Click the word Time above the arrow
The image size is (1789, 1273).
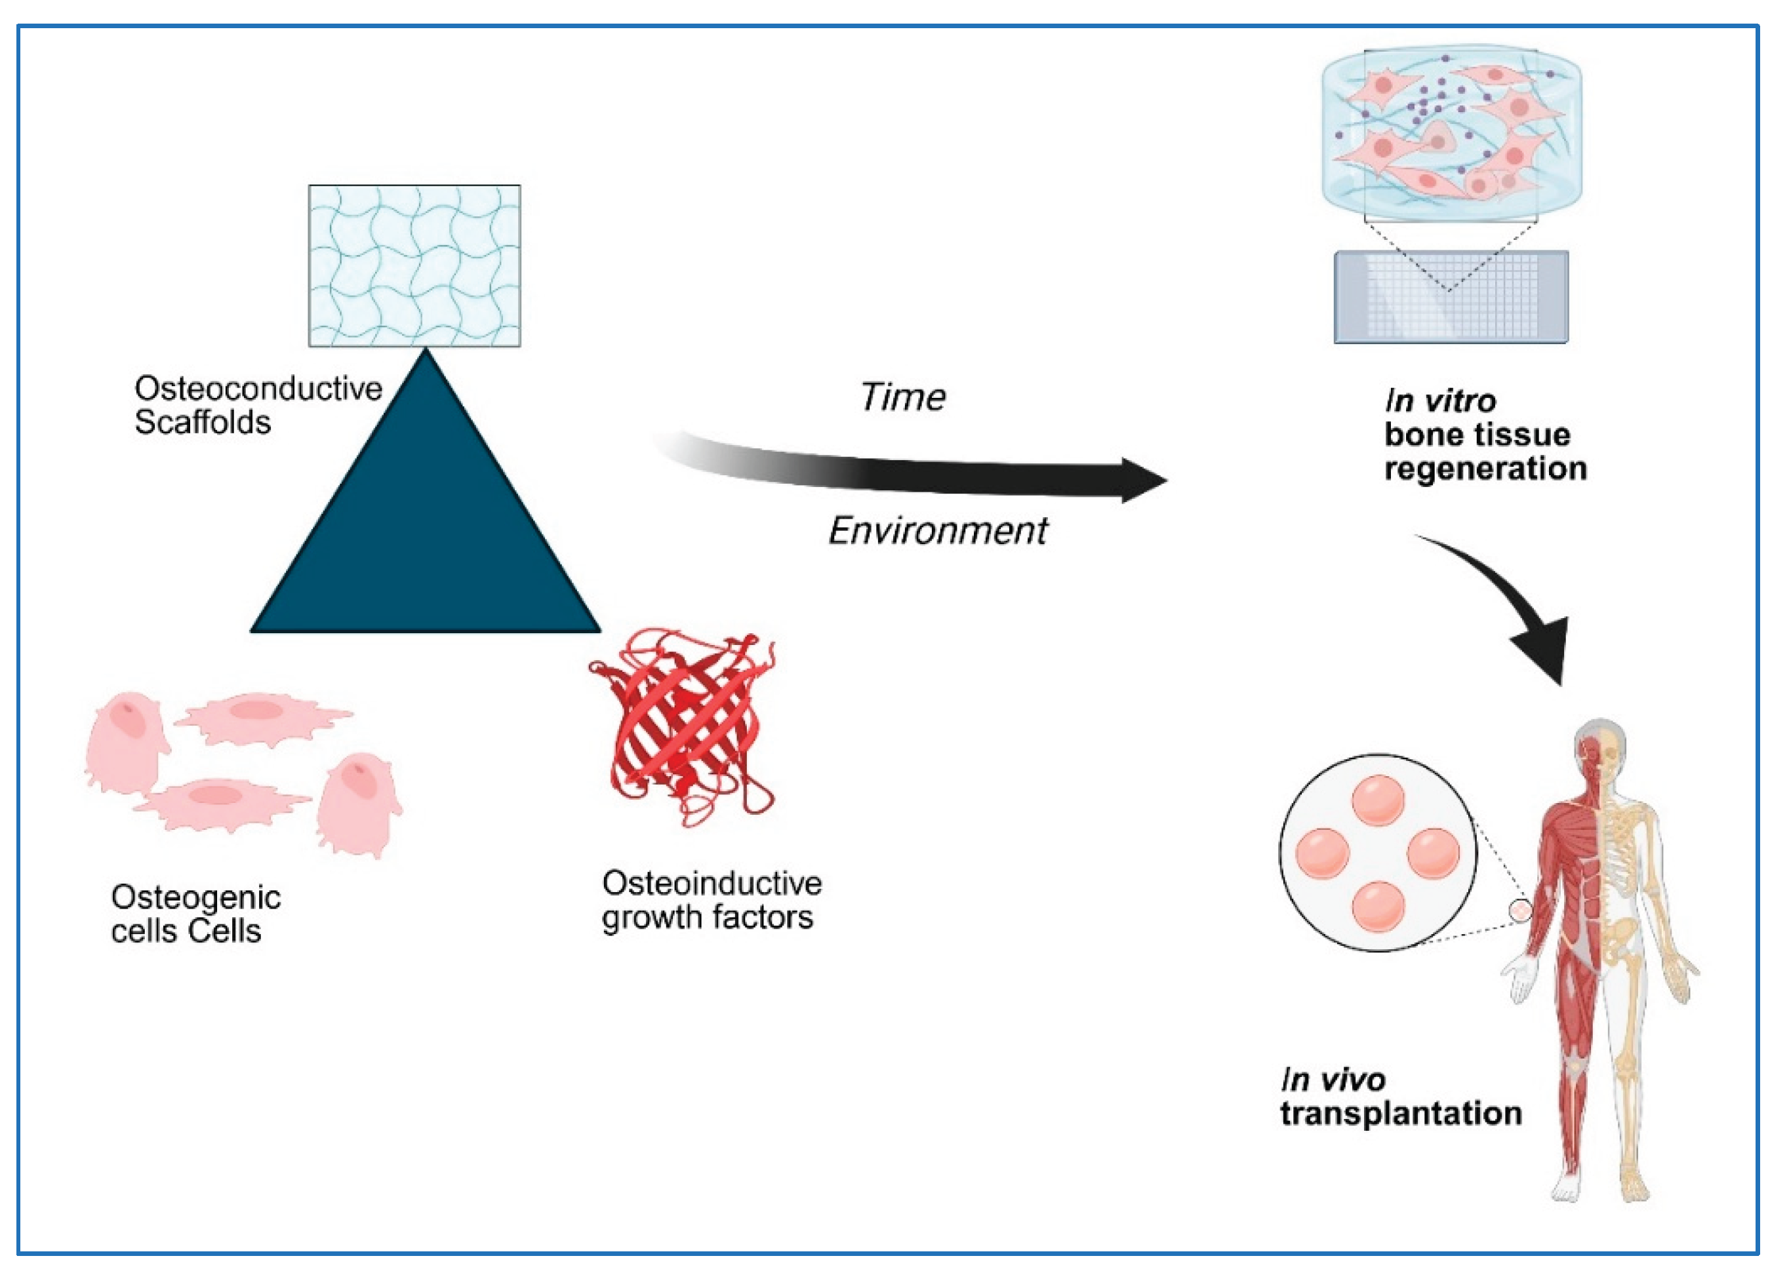pyautogui.click(x=904, y=397)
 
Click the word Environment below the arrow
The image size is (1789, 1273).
pyautogui.click(x=938, y=532)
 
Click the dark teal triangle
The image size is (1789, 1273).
pyautogui.click(x=426, y=533)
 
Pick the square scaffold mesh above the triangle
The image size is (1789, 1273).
pyautogui.click(x=414, y=265)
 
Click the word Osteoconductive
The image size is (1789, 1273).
pyautogui.click(x=258, y=389)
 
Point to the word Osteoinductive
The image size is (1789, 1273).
pyautogui.click(x=712, y=884)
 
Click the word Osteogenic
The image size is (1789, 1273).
pyautogui.click(x=195, y=897)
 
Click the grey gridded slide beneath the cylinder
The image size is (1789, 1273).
pyautogui.click(x=1451, y=298)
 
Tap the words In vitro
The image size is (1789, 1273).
pyautogui.click(x=1440, y=401)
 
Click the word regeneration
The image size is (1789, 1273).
pyautogui.click(x=1485, y=469)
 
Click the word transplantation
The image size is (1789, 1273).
pyautogui.click(x=1401, y=1114)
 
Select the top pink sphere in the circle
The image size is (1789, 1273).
pyautogui.click(x=1377, y=800)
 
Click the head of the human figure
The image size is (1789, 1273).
pyautogui.click(x=1601, y=749)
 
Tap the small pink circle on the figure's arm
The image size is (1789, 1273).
pyautogui.click(x=1520, y=911)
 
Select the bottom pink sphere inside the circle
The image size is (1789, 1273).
pyautogui.click(x=1377, y=906)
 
